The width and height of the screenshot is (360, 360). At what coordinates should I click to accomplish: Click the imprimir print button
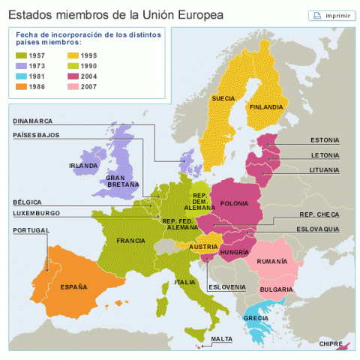[331, 16]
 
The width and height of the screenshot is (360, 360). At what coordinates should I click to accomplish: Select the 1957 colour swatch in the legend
[22, 55]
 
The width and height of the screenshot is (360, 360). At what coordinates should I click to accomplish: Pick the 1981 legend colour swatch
[22, 76]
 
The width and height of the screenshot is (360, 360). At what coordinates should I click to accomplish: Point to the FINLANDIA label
[266, 106]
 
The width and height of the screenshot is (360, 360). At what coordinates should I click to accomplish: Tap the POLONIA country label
[234, 203]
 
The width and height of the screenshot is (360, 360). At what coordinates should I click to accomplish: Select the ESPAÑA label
[73, 286]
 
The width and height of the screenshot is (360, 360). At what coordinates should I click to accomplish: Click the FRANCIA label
[130, 241]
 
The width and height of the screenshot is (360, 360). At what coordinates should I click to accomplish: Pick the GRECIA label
[256, 318]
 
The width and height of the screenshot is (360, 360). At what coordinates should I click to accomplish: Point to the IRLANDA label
[82, 166]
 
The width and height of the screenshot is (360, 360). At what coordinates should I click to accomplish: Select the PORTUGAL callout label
[31, 230]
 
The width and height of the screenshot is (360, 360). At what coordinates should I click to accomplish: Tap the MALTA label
[221, 339]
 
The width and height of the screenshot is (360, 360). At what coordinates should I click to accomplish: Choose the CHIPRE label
[331, 343]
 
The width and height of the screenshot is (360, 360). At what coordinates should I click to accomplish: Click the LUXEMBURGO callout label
[35, 214]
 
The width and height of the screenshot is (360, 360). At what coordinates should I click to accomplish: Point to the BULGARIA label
[276, 289]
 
